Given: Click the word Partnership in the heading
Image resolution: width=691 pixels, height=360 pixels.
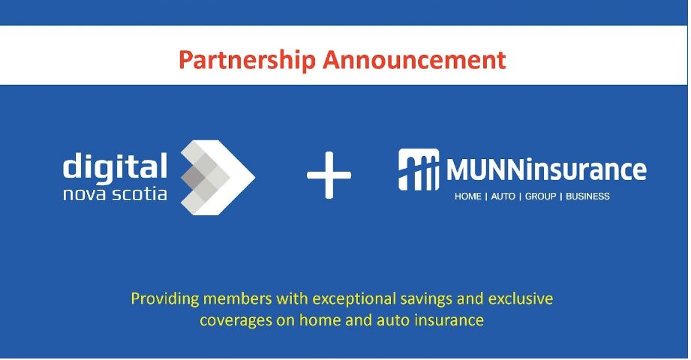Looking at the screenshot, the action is tap(247, 60).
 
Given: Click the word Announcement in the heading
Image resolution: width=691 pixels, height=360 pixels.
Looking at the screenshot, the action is tap(414, 59).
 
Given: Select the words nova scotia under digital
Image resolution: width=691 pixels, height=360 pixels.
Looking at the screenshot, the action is tap(115, 193).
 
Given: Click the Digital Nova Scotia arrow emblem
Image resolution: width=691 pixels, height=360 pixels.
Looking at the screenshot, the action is tap(218, 177).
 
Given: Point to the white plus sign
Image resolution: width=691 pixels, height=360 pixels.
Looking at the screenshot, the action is tap(329, 175).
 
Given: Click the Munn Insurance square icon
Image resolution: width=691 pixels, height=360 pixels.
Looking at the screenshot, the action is tap(419, 169).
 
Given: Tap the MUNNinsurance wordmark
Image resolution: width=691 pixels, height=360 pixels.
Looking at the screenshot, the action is tap(546, 170).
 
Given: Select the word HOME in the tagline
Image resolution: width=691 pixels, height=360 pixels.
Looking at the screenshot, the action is tap(467, 196).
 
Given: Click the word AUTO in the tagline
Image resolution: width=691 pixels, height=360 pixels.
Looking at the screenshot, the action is tap(503, 196).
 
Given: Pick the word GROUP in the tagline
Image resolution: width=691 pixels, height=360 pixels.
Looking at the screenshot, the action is tap(540, 196).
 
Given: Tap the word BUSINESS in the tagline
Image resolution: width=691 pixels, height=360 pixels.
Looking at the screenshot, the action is tap(587, 196).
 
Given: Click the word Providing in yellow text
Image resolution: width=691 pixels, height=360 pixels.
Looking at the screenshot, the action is tap(165, 299).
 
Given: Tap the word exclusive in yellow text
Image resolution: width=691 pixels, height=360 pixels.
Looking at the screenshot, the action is tap(521, 298).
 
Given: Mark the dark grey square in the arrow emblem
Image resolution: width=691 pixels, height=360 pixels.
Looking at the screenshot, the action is tap(193, 177).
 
